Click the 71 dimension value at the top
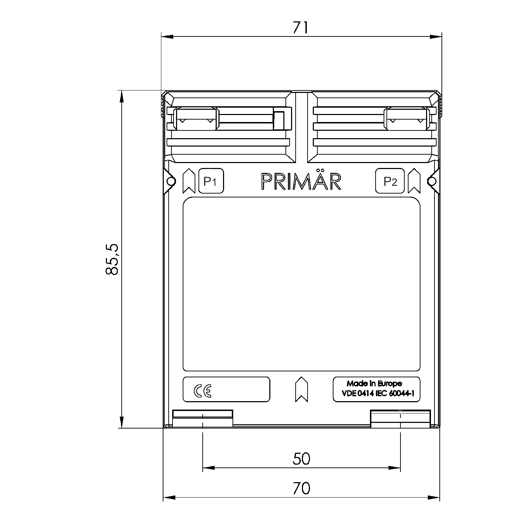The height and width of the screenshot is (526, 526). click(301, 28)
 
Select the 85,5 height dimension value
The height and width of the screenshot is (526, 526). click(113, 259)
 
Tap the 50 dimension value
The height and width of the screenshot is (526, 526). click(301, 459)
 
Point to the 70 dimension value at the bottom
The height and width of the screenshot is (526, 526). click(301, 488)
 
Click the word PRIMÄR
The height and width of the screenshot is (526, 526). click(301, 181)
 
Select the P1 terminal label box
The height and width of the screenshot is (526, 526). click(211, 181)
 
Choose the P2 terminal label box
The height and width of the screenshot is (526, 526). click(390, 181)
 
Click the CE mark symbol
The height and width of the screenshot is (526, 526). click(203, 391)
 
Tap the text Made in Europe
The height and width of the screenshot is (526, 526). click(374, 383)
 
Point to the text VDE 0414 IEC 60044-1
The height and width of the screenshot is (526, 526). click(378, 393)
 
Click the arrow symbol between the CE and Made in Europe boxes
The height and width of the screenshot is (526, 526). click(301, 389)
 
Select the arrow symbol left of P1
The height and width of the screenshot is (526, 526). click(189, 181)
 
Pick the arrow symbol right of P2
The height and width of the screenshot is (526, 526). click(414, 181)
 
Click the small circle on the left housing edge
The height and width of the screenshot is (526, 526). click(171, 181)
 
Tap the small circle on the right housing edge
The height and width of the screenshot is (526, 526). click(432, 181)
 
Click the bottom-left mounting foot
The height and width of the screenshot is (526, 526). click(203, 418)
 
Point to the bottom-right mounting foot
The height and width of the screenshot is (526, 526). click(400, 418)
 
